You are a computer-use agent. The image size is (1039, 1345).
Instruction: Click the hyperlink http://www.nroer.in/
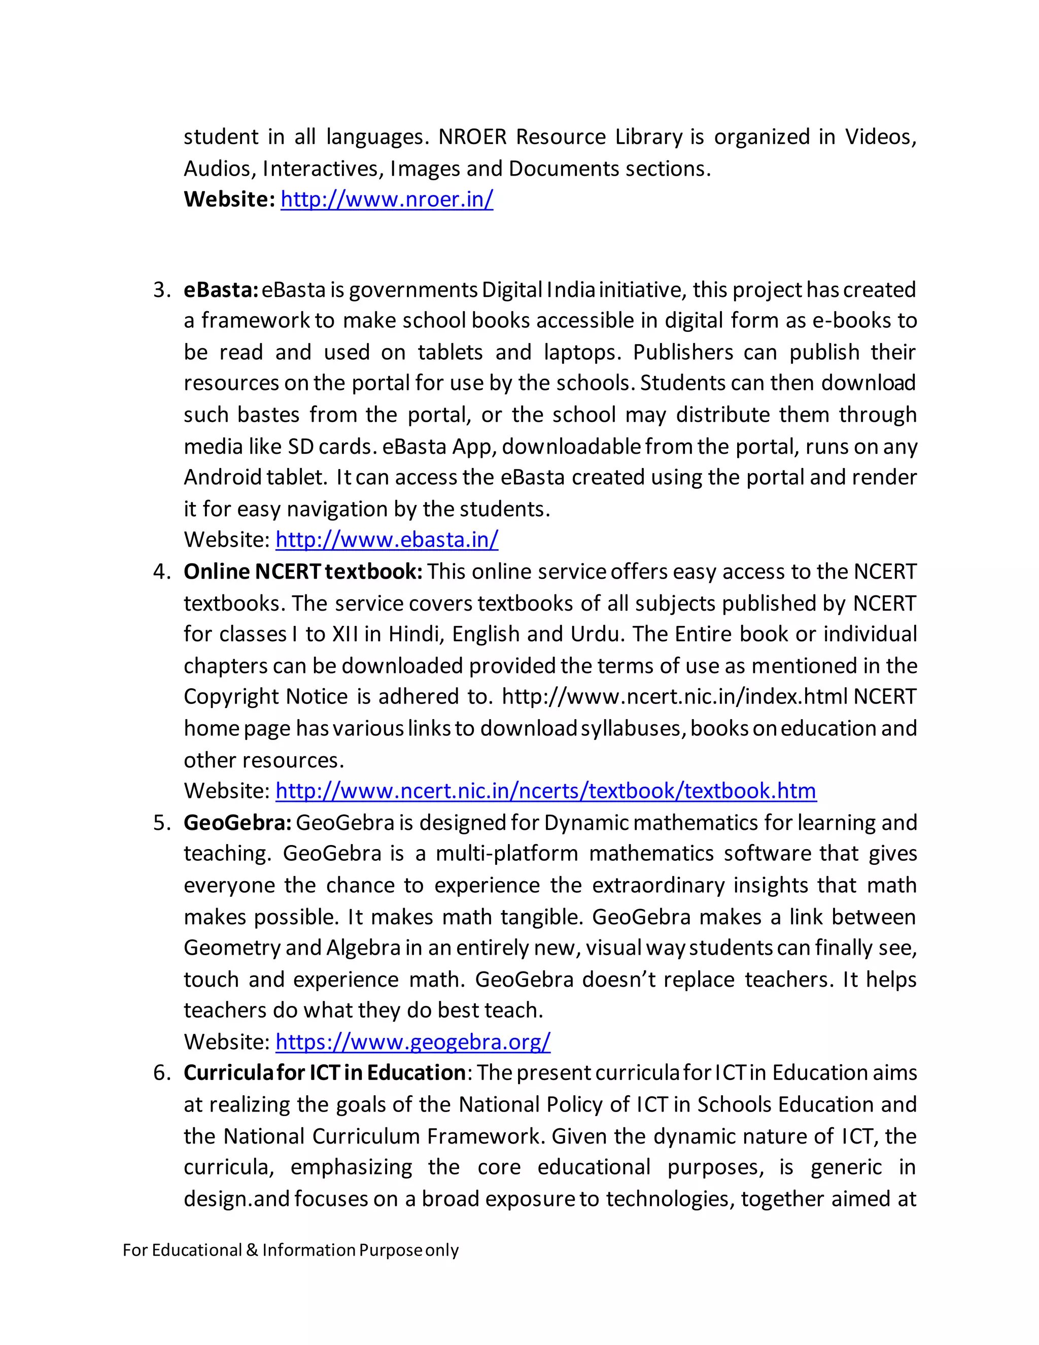pyautogui.click(x=387, y=199)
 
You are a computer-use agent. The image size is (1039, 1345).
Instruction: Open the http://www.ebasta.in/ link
pyautogui.click(x=387, y=540)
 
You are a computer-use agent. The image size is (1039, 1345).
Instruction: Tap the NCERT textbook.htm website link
pyautogui.click(x=545, y=790)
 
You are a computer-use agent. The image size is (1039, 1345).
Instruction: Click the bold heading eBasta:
pyautogui.click(x=220, y=289)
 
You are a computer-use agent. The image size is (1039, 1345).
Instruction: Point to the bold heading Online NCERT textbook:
pyautogui.click(x=303, y=571)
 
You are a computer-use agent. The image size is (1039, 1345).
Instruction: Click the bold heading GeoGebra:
pyautogui.click(x=237, y=823)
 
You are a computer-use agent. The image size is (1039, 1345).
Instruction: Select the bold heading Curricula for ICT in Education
pyautogui.click(x=324, y=1073)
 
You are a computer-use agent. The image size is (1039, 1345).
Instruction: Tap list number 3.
pyautogui.click(x=161, y=289)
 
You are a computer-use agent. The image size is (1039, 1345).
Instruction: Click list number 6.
pyautogui.click(x=161, y=1073)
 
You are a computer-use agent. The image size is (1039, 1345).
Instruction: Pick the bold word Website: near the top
pyautogui.click(x=229, y=199)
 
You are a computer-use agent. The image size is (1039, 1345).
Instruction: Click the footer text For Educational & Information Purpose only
pyautogui.click(x=291, y=1250)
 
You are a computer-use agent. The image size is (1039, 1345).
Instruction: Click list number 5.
pyautogui.click(x=161, y=823)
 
